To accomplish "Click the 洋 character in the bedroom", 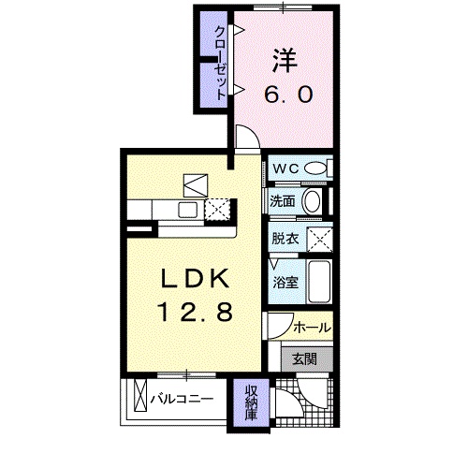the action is click(x=285, y=61).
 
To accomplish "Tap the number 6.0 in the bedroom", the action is click(x=288, y=95).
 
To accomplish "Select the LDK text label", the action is click(x=196, y=278).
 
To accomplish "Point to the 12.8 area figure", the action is click(x=196, y=312).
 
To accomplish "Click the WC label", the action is click(x=286, y=168).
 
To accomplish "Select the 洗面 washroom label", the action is click(x=283, y=201).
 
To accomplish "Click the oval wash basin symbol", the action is click(x=312, y=201).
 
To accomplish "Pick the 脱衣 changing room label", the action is click(x=285, y=239).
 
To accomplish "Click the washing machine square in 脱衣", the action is click(x=320, y=240).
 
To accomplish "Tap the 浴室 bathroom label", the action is click(x=285, y=283).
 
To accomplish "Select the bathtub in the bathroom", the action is click(x=319, y=282).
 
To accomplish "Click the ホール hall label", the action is click(x=312, y=328).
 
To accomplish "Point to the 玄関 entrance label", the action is click(x=304, y=359).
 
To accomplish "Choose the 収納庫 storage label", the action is click(x=252, y=402).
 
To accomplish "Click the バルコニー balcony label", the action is click(x=182, y=399).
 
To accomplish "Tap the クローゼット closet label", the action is click(x=221, y=64).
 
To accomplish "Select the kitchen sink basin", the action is click(x=187, y=210).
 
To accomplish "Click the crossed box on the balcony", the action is click(x=140, y=395).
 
